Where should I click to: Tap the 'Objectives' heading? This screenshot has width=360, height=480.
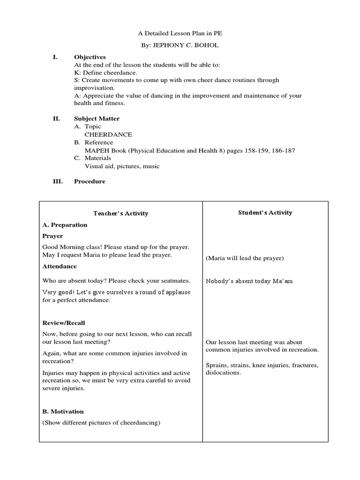[90, 57]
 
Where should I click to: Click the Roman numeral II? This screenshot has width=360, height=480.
[55, 119]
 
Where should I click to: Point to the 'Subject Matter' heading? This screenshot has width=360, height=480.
[97, 119]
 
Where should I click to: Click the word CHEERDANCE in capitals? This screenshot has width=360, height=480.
[108, 135]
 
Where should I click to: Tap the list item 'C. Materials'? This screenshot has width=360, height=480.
[93, 158]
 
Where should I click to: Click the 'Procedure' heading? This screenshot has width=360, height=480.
[90, 181]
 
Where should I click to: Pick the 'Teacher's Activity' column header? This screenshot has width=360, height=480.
[120, 213]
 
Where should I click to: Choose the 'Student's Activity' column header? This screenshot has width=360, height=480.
[265, 213]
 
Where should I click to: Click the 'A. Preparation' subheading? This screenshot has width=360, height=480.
[65, 225]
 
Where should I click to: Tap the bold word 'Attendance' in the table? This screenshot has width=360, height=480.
[60, 266]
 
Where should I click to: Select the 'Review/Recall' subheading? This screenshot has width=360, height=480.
[64, 323]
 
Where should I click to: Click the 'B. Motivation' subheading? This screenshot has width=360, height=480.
[63, 412]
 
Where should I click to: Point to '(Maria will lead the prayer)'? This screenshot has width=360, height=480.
[245, 258]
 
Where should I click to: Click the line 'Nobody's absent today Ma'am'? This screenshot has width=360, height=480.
[250, 281]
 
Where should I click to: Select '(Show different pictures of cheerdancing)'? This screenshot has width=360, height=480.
[101, 423]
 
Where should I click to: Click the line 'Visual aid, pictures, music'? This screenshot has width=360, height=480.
[122, 166]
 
